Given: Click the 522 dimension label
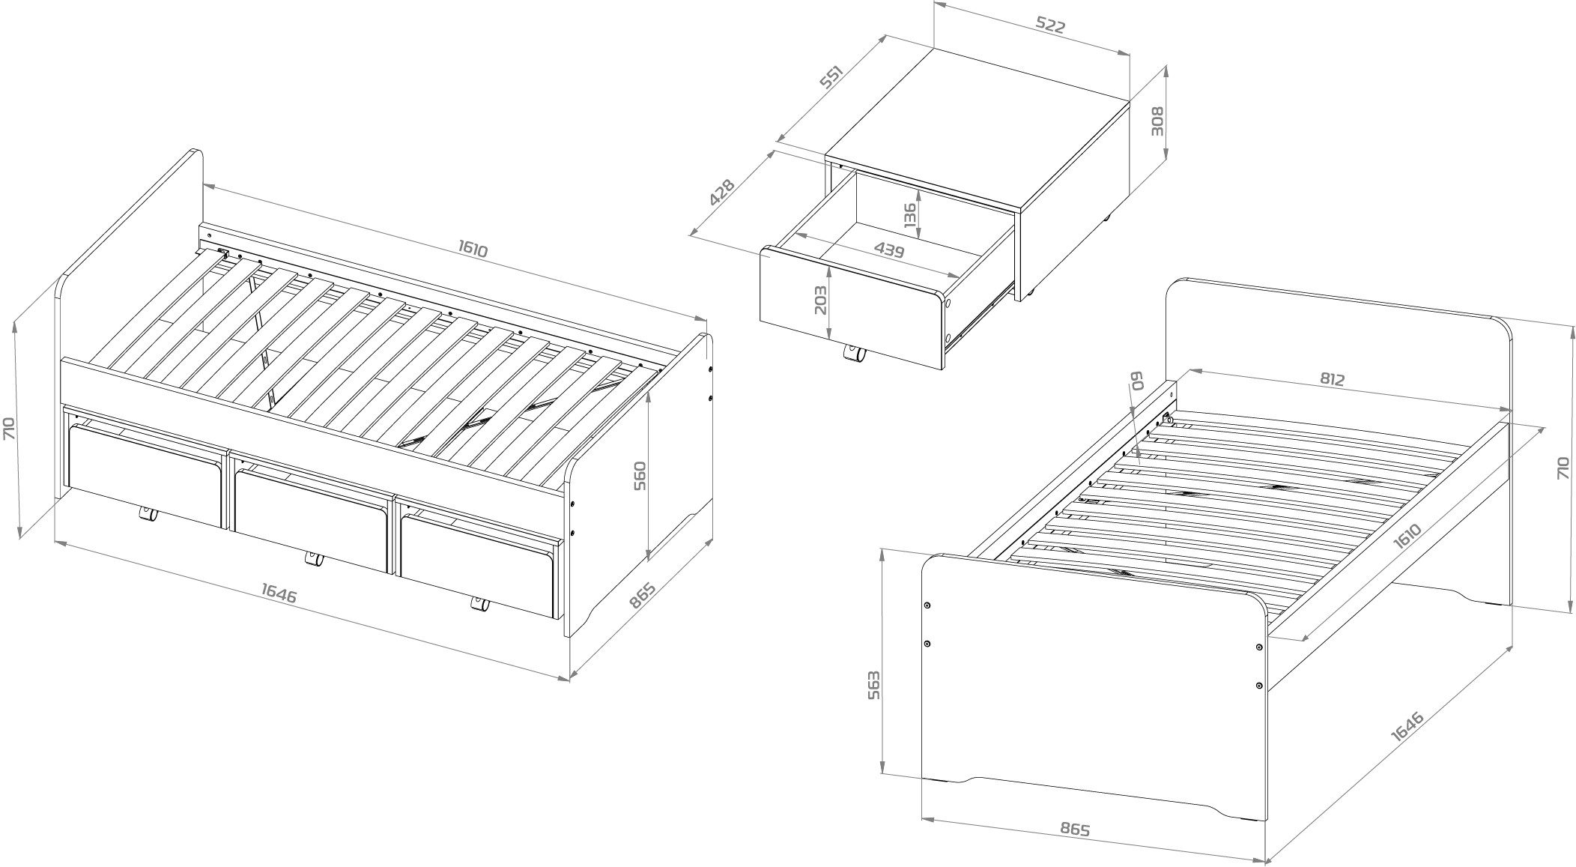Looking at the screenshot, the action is click(x=1050, y=25).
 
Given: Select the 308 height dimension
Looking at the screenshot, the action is click(x=1157, y=120).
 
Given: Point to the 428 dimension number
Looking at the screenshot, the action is click(x=722, y=193).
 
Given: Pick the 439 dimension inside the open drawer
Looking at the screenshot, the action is click(x=889, y=250).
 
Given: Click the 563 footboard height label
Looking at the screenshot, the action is click(x=873, y=685).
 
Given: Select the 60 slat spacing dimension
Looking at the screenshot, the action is click(x=1137, y=382).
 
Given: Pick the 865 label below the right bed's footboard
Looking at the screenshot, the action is click(x=1075, y=830).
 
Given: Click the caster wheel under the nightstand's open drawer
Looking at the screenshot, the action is click(x=853, y=354).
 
